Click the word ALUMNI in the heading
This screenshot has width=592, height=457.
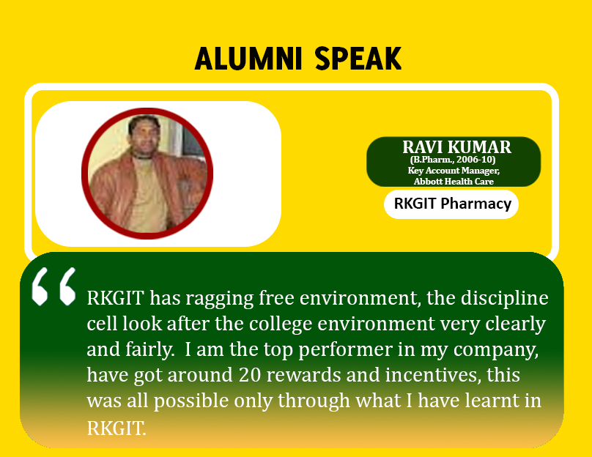(248, 59)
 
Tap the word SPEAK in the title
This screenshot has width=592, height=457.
(358, 59)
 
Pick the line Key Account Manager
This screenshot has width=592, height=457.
(454, 171)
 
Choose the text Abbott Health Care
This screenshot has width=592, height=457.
(454, 182)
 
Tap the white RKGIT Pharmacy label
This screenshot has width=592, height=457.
(451, 204)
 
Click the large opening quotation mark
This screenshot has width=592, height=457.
(53, 286)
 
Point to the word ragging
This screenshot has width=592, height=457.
(219, 300)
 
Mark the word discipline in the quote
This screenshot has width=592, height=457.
(504, 299)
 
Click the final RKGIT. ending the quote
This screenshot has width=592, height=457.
(116, 428)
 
